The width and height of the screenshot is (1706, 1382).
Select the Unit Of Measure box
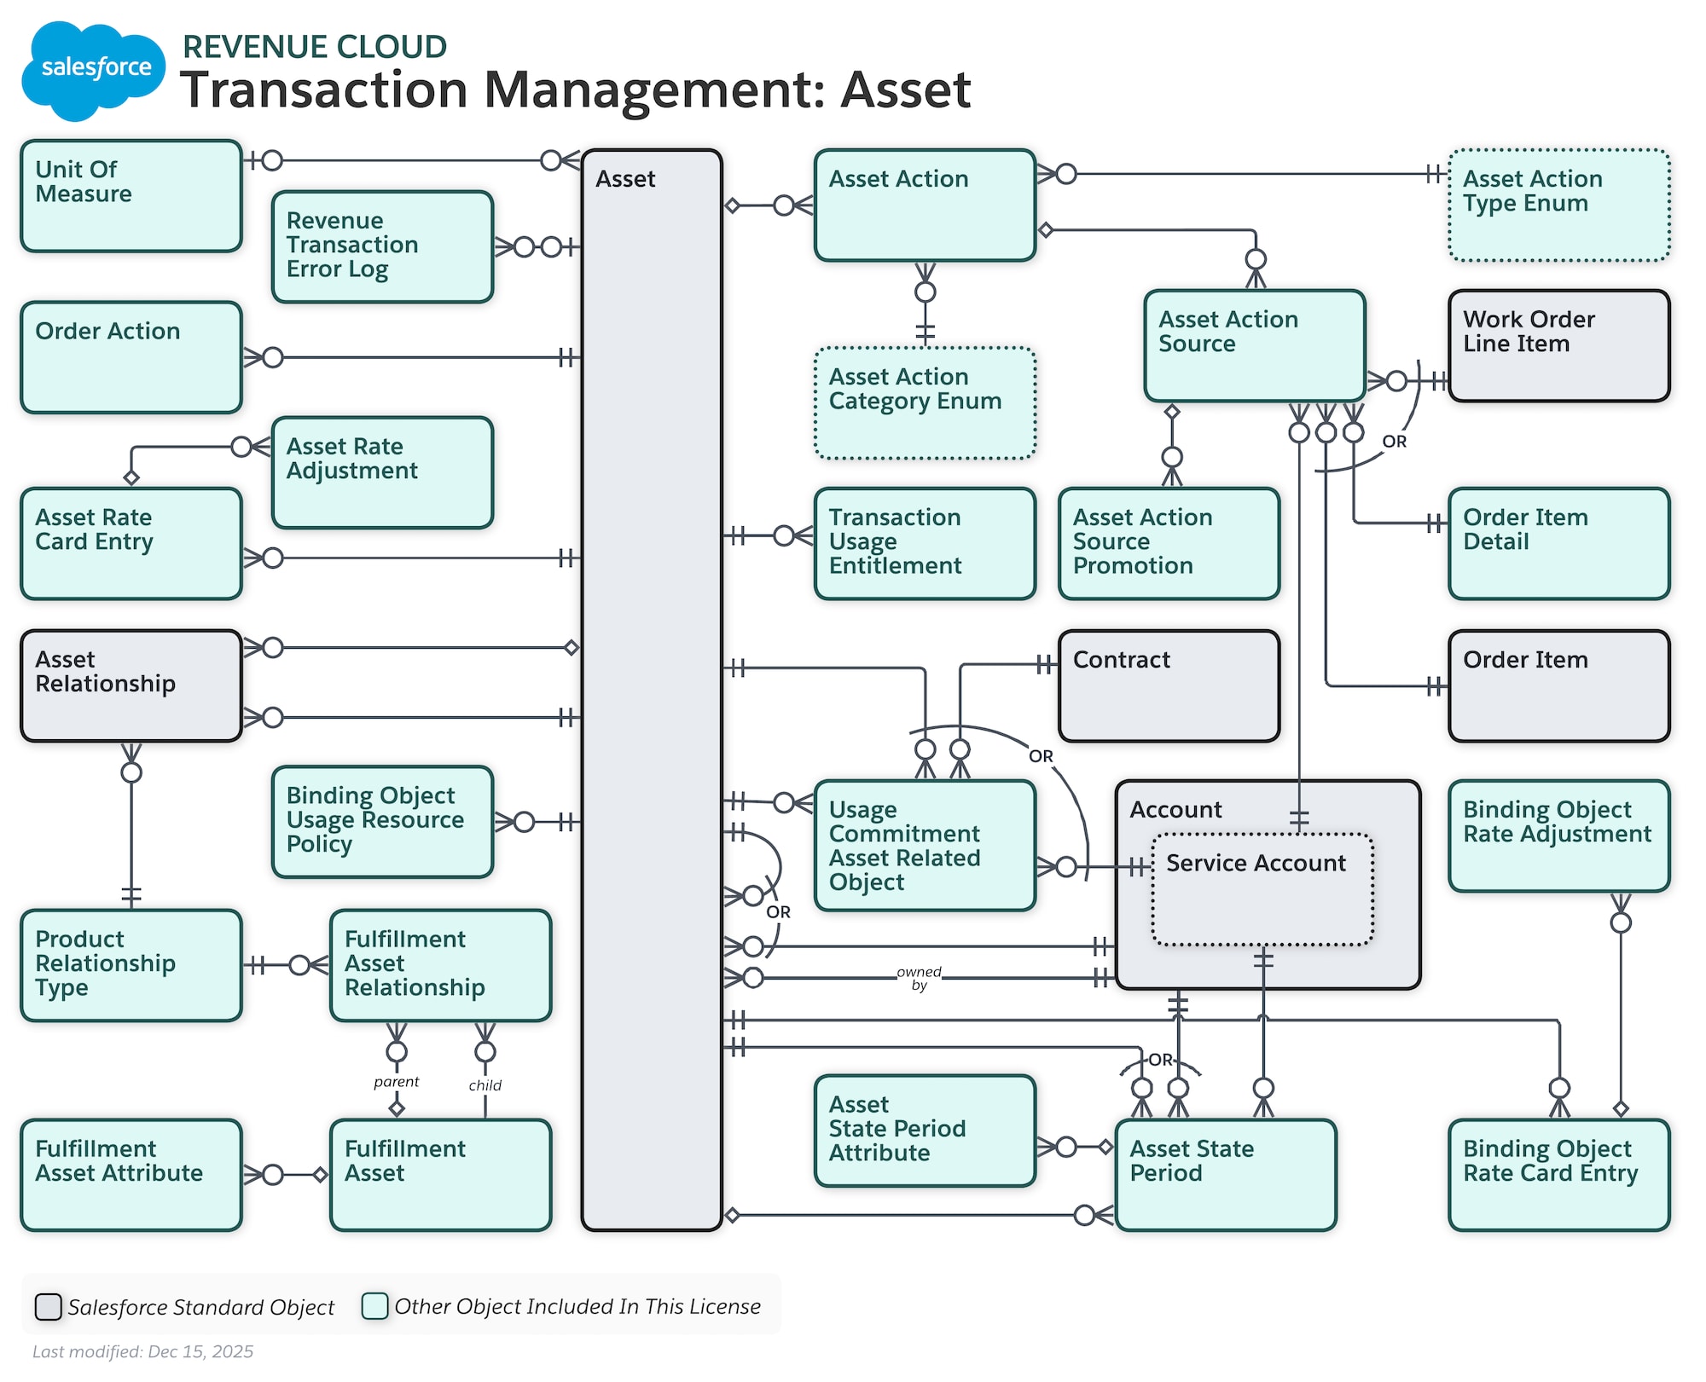click(x=131, y=196)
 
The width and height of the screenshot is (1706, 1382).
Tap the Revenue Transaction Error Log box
click(x=382, y=246)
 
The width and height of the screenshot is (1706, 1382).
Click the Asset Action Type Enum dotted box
click(x=1558, y=205)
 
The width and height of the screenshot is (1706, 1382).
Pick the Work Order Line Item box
click(x=1558, y=345)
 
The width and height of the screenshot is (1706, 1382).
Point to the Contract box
click(x=1169, y=686)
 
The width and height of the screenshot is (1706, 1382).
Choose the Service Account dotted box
click(x=1262, y=891)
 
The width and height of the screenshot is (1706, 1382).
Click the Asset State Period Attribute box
click(x=925, y=1130)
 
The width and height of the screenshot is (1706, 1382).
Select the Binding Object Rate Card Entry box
click(x=1558, y=1175)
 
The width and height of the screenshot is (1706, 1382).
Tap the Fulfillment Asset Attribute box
click(x=131, y=1175)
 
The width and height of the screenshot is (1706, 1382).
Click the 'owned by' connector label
click(x=919, y=979)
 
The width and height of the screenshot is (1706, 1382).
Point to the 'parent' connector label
click(x=397, y=1082)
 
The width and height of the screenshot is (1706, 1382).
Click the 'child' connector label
click(x=485, y=1085)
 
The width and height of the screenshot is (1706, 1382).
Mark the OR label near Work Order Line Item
click(x=1394, y=442)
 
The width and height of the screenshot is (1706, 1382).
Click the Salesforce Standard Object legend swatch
click(x=48, y=1306)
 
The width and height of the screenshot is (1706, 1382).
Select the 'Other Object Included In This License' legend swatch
click(x=374, y=1305)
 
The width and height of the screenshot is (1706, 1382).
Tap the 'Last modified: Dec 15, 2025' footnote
click(x=143, y=1351)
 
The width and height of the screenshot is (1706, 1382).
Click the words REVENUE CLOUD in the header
click(x=315, y=47)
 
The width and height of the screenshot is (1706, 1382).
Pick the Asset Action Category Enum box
click(x=925, y=403)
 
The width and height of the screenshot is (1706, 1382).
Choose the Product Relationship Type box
click(x=131, y=965)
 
